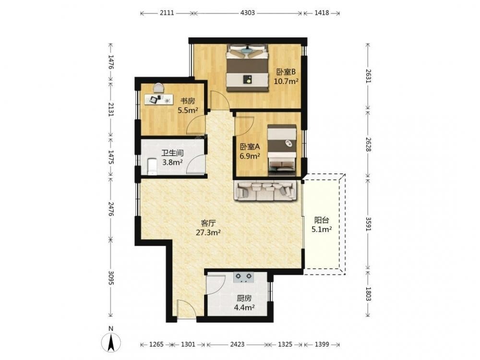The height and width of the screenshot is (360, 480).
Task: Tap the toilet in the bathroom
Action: tap(152, 167)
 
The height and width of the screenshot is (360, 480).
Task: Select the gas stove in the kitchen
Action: tap(244, 277)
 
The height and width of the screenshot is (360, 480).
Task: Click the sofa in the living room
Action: tap(265, 191)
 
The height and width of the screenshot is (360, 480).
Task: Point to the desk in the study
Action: tap(158, 99)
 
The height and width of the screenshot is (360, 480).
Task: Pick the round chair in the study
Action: tap(158, 88)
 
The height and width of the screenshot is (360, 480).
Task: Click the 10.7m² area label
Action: tap(286, 82)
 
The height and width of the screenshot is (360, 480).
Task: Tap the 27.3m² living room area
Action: tap(208, 233)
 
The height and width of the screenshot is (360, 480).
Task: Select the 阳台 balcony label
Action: tap(322, 220)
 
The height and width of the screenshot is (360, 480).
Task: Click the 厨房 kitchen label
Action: tap(244, 298)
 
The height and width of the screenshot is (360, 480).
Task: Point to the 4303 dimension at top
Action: tap(248, 13)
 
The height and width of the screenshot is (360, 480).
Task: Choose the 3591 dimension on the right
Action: tap(368, 224)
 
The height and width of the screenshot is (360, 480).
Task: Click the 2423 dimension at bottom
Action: tap(237, 344)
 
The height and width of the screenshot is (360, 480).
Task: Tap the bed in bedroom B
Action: tap(247, 68)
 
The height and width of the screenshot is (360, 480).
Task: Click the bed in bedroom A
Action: tap(282, 150)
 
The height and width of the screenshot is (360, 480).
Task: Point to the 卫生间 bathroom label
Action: tap(173, 153)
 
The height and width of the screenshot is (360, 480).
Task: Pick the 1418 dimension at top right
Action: tap(322, 13)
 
